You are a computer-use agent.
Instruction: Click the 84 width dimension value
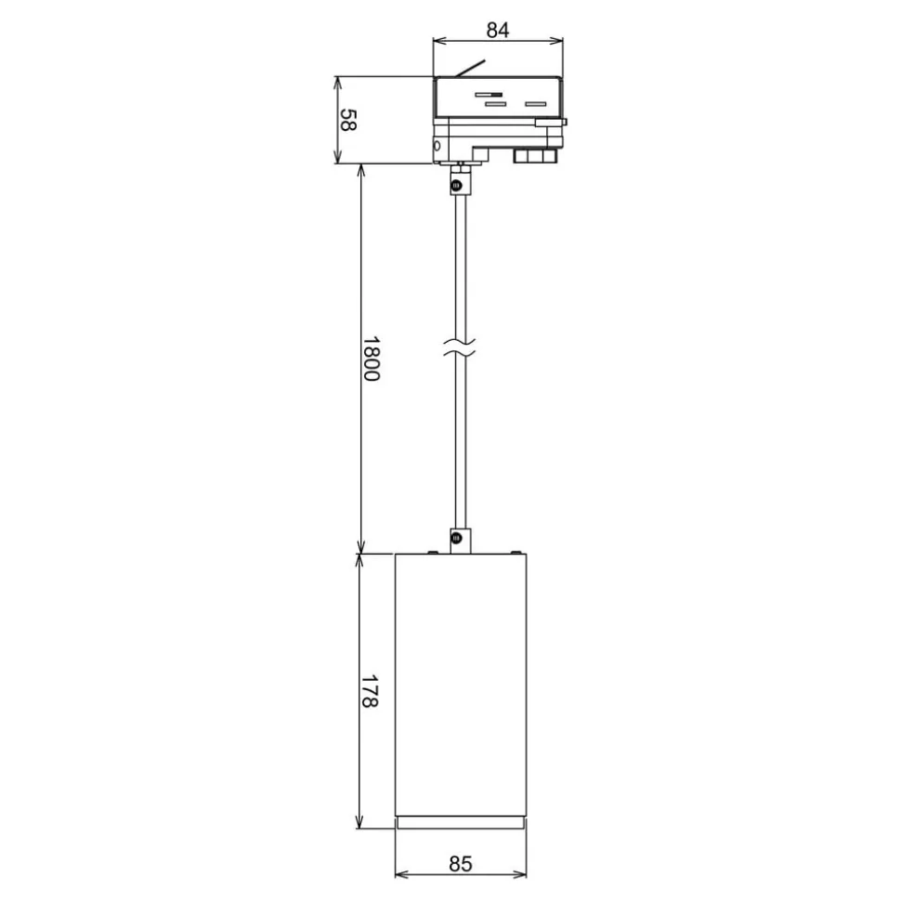click(498, 29)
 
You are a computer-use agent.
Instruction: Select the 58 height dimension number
click(346, 120)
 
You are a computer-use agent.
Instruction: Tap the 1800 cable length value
click(371, 360)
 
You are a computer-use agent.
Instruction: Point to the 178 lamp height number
click(371, 692)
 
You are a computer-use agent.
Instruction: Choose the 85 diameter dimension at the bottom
click(461, 864)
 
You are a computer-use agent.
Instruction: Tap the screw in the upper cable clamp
click(456, 187)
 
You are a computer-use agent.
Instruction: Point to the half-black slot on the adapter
click(490, 95)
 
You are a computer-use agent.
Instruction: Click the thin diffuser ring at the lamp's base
click(461, 824)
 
